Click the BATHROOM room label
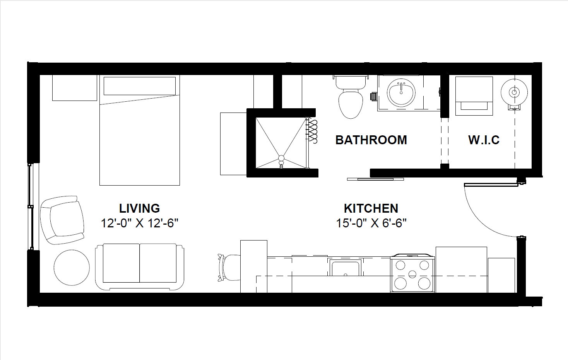(371, 140)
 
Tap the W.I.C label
(484, 140)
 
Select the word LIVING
(139, 208)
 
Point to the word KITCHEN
(371, 208)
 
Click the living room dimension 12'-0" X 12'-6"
(139, 223)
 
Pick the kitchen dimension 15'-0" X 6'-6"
(371, 223)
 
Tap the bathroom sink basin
(401, 93)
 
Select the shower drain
(281, 159)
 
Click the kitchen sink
(346, 268)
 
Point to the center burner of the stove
(412, 274)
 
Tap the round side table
(72, 268)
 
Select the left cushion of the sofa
(121, 263)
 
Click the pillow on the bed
(139, 86)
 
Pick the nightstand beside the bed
(75, 88)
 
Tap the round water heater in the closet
(514, 92)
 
